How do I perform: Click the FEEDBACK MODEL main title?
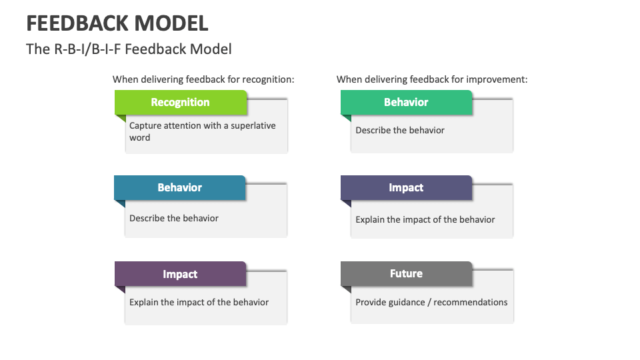[117, 23]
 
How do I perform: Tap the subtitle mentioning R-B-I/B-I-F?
[129, 49]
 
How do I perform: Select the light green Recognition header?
[180, 102]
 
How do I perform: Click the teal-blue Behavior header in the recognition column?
[179, 187]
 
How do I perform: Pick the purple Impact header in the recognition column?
[180, 273]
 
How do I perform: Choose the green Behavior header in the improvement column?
[406, 102]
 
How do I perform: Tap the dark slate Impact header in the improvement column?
[406, 187]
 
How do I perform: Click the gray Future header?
[406, 273]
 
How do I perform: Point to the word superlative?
[253, 125]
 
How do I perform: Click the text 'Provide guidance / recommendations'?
[431, 302]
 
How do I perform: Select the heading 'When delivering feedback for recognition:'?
[203, 79]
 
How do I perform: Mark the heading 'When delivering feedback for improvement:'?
[432, 79]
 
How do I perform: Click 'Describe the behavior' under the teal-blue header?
[174, 218]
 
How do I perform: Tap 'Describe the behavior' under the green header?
[400, 130]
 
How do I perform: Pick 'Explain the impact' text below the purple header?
[199, 302]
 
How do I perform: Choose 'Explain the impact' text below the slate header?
[425, 219]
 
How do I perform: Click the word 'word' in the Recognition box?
[140, 137]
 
